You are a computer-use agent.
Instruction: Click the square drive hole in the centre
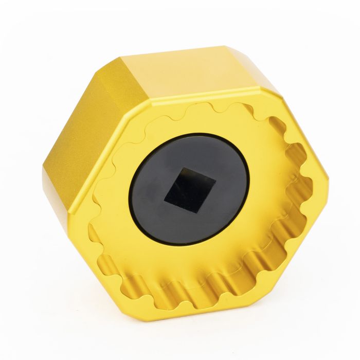tap(190, 189)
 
